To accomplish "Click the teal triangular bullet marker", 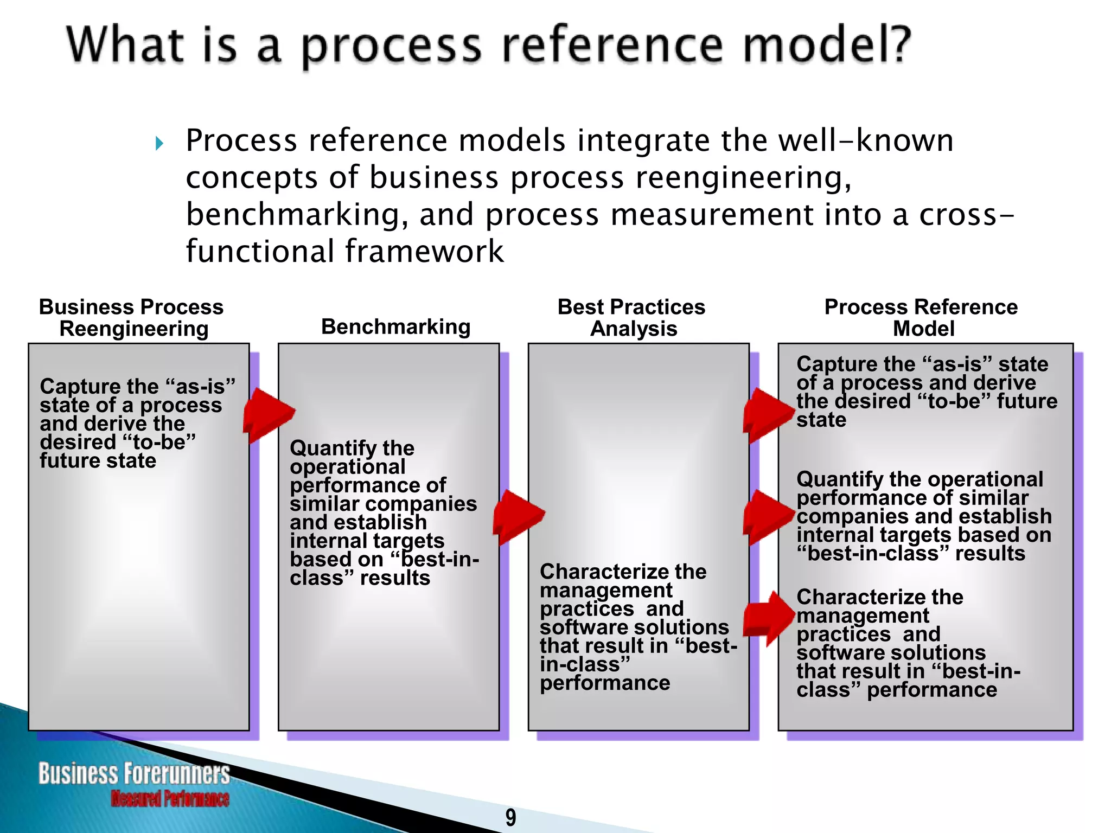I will [159, 143].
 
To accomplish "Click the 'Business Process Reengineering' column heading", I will [132, 318].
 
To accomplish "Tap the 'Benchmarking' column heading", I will [395, 327].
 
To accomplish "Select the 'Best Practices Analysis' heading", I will [632, 318].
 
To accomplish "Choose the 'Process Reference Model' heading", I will [921, 318].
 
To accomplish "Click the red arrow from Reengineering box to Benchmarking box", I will [268, 415].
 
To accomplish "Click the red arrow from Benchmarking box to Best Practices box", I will [518, 516].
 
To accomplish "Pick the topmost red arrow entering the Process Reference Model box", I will [768, 415].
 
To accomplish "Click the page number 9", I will [510, 817].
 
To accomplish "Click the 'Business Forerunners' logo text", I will [133, 773].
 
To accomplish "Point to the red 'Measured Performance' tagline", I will [170, 799].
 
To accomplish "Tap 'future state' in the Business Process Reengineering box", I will [98, 461].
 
